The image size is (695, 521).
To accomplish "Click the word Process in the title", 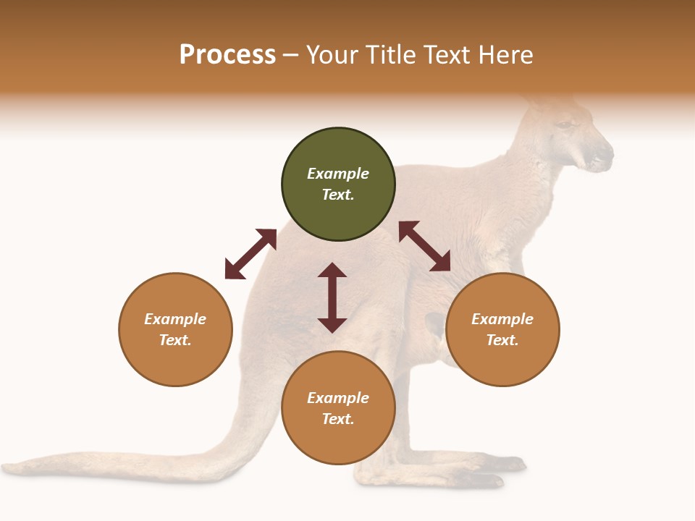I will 227,55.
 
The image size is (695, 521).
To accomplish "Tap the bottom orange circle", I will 338,441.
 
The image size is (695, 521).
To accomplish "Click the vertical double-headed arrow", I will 332,297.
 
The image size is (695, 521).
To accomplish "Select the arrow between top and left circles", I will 250,254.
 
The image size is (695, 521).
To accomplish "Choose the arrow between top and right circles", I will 424,246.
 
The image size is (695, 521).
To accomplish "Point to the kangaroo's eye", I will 563,125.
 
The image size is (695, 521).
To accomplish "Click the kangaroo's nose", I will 607,153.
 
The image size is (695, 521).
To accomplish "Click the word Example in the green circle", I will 338,174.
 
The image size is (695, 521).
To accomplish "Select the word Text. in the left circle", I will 175,340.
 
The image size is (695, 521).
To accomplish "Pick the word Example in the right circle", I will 502,319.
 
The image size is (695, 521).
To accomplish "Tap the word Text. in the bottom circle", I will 338,419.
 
